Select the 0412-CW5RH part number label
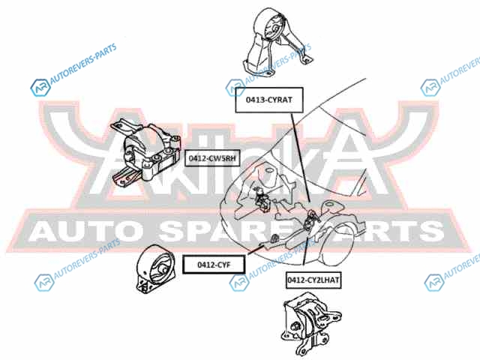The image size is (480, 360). pos(212,159)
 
